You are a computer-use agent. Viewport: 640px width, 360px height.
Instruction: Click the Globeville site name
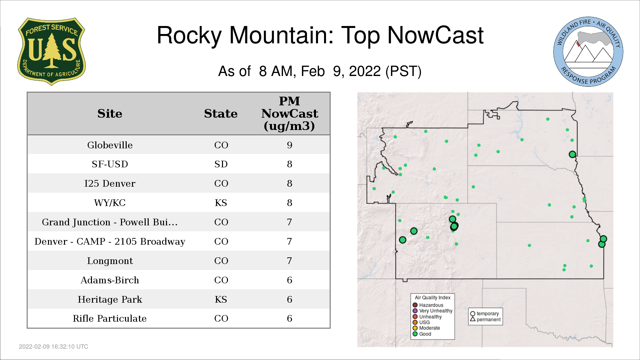(110, 145)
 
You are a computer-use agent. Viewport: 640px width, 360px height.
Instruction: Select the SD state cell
(221, 164)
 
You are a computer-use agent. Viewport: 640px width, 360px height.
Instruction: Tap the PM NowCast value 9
(289, 145)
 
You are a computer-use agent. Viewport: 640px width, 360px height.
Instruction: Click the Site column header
(110, 114)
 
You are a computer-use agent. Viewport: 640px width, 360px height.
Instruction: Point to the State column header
(221, 114)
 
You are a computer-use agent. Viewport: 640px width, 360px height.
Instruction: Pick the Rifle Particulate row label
(110, 318)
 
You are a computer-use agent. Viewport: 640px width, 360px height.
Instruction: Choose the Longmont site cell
(110, 261)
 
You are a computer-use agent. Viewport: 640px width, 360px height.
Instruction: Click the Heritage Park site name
(110, 299)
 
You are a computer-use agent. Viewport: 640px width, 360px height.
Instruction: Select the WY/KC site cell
(110, 203)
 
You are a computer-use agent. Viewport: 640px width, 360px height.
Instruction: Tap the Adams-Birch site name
(110, 280)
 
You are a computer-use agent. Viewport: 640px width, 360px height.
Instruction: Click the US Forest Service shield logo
(51, 51)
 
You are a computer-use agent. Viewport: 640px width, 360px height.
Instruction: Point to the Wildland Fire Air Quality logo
(588, 52)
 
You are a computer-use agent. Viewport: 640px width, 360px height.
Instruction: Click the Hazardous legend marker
(415, 305)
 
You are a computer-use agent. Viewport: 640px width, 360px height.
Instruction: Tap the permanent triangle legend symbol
(473, 319)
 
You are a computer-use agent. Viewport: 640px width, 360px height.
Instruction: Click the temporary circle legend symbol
(473, 314)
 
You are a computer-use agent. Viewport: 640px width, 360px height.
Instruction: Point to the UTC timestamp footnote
(54, 347)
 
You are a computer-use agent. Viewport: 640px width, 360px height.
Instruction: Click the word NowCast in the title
(435, 35)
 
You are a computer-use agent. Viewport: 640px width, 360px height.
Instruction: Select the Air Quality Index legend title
(433, 298)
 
